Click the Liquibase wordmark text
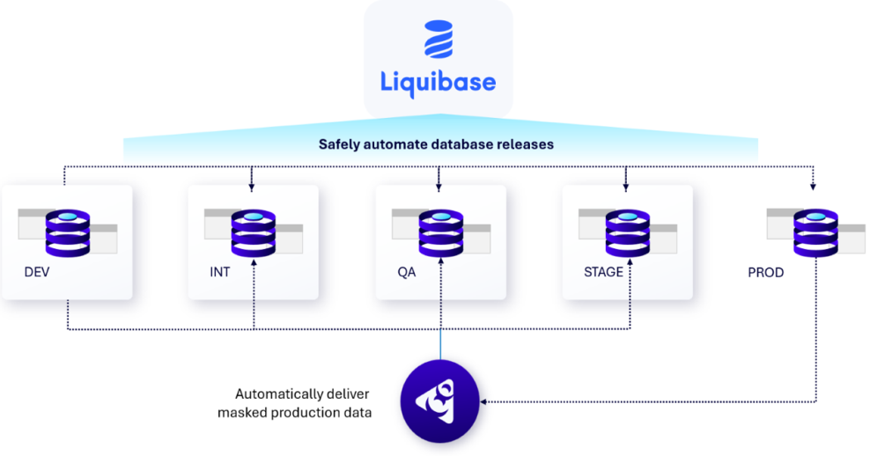coord(438,82)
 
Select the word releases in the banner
coord(523,143)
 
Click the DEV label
coord(37,272)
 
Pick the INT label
coord(219,272)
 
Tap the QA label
coord(407,272)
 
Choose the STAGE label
coord(603,272)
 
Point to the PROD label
coord(765,273)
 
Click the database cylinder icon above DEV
coord(68,233)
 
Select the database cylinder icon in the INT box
coord(254,233)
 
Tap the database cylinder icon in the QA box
coord(440,233)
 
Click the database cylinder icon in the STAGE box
coord(627,233)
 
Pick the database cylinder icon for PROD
coord(815,233)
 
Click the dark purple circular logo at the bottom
coord(439,402)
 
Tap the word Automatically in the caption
coord(277,393)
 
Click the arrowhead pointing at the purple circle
coord(484,402)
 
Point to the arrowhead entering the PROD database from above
coord(813,187)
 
